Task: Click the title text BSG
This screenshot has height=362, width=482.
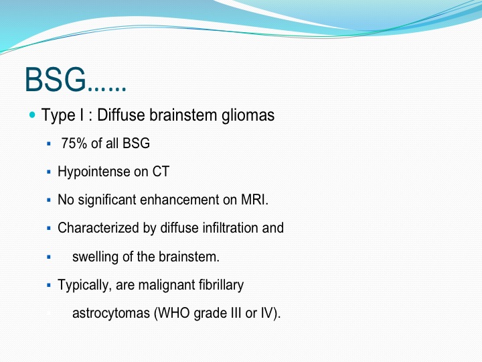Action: pyautogui.click(x=56, y=79)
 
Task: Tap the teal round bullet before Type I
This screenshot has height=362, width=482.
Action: pyautogui.click(x=32, y=115)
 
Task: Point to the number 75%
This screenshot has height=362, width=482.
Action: pyautogui.click(x=74, y=143)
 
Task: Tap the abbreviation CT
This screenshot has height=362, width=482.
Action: pyautogui.click(x=161, y=172)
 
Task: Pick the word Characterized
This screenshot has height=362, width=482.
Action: pyautogui.click(x=98, y=228)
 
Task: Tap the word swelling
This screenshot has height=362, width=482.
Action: pyautogui.click(x=95, y=257)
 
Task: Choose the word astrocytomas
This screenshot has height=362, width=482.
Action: pyautogui.click(x=111, y=313)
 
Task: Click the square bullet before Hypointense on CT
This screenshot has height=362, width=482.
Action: pyautogui.click(x=49, y=172)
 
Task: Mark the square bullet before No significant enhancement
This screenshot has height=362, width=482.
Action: pyautogui.click(x=49, y=200)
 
